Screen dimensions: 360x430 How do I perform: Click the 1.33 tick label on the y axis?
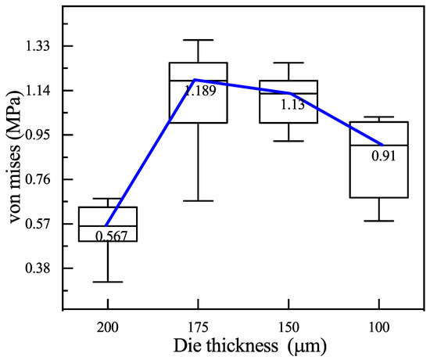click(37, 46)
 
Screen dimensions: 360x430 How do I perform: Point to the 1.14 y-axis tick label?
click(37, 91)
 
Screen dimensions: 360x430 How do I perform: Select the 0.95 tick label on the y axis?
click(37, 135)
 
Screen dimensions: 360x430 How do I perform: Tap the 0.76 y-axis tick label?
click(37, 179)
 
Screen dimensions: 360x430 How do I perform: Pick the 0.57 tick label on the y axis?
click(37, 224)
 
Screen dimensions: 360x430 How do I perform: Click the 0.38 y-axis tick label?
click(37, 268)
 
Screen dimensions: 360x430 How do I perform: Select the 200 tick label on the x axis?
click(108, 325)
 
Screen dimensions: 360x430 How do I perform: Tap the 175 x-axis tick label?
click(199, 325)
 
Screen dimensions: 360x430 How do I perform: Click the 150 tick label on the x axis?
click(289, 325)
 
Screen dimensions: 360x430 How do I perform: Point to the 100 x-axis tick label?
click(380, 325)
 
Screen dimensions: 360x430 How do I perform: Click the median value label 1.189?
click(200, 90)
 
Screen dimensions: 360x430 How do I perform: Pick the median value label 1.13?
click(292, 104)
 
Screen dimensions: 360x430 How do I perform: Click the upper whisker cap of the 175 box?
click(199, 40)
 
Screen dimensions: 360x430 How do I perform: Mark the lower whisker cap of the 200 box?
click(108, 282)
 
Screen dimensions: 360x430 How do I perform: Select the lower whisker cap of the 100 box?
click(380, 221)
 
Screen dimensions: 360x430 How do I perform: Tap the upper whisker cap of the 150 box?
click(289, 63)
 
